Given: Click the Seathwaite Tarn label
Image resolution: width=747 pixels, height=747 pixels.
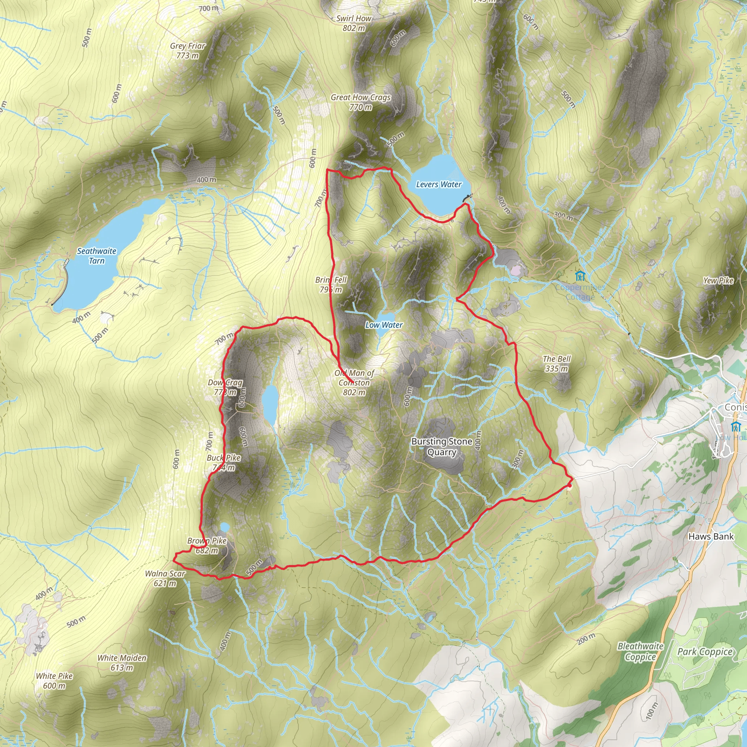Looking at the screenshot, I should click(97, 256).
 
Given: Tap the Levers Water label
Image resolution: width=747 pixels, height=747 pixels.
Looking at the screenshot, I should click(438, 185).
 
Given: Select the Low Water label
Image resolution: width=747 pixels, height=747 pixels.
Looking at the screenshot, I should click(384, 325).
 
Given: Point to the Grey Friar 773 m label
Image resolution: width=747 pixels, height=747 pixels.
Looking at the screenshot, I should click(187, 51).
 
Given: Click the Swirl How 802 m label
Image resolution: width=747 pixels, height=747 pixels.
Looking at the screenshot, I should click(353, 23).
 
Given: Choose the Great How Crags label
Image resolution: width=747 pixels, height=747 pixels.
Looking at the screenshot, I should click(360, 102).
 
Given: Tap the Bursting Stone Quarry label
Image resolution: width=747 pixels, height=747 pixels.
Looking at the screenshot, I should click(442, 446).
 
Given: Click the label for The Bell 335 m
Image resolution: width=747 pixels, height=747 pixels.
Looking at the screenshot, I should click(556, 363).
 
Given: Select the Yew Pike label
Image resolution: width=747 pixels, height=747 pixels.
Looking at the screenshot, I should click(718, 281).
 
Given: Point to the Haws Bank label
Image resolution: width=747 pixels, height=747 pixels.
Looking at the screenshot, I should click(711, 536).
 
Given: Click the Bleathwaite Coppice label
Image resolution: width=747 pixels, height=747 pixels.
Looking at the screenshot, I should click(640, 651).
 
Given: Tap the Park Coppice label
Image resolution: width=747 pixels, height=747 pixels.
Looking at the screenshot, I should click(704, 651).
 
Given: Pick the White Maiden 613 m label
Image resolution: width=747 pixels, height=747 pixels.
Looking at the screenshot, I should click(122, 663).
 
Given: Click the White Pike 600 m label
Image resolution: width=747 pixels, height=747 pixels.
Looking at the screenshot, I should click(54, 681).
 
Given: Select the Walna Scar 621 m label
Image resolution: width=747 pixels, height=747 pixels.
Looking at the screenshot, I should click(165, 578).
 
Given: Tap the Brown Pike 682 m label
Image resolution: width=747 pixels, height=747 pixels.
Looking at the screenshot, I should click(207, 546).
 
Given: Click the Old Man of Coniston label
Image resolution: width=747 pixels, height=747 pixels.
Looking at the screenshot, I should click(354, 382).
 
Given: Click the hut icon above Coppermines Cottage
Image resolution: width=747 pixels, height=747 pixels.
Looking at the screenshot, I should click(580, 276).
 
